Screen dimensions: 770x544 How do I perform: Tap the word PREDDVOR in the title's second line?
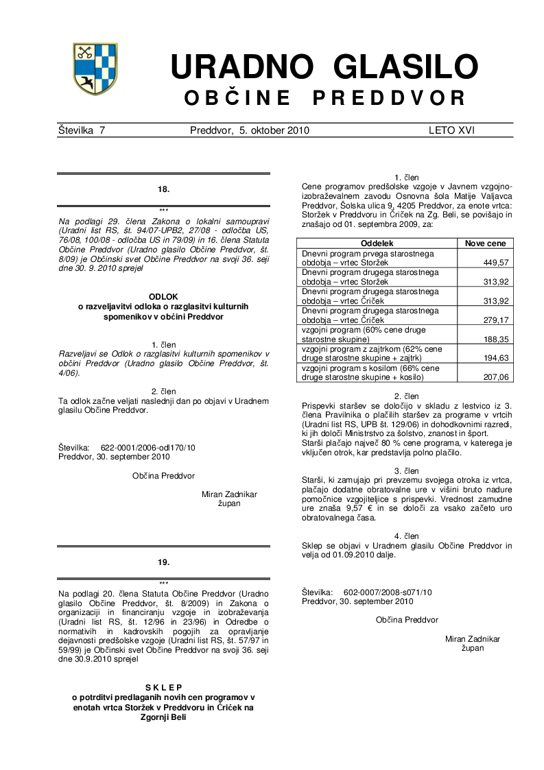pos(389,99)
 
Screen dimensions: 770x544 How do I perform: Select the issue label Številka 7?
pos(82,130)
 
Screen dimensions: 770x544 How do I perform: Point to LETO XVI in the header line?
pos(451,130)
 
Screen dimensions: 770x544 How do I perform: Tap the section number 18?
pos(163,189)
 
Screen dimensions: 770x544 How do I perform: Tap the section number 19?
pos(163,562)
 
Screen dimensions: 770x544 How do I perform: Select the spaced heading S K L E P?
pos(163,688)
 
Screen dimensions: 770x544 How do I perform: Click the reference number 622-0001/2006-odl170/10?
pos(147,447)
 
